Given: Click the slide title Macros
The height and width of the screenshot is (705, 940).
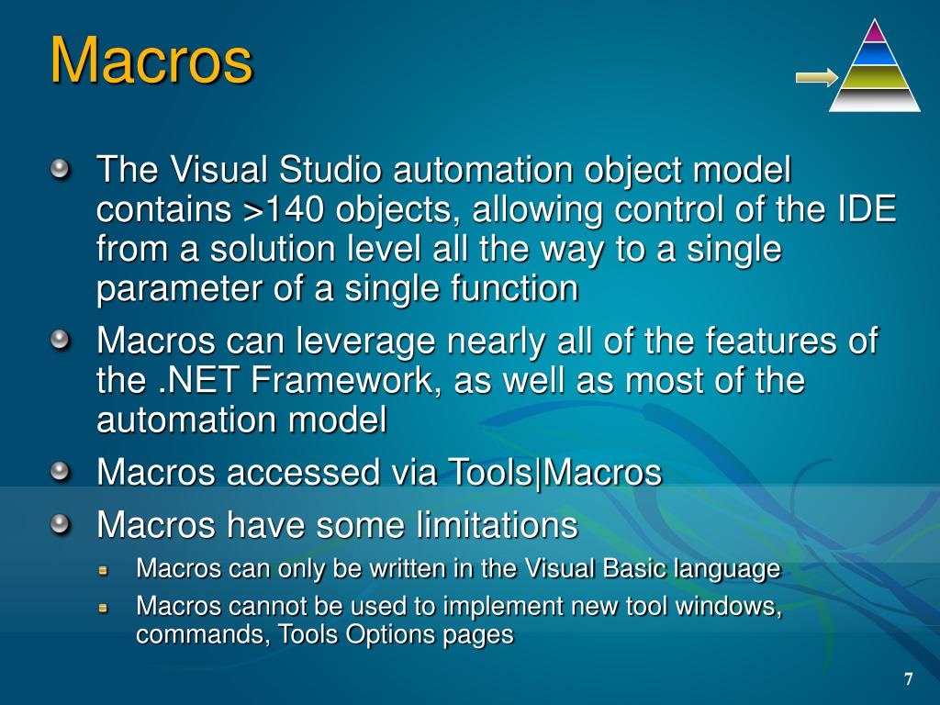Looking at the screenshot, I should coord(151,61).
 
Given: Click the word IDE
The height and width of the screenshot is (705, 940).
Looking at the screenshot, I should coord(867,210).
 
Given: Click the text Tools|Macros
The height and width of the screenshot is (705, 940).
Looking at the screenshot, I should coord(554,473).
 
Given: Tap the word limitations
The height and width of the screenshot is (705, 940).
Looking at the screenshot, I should coord(497,526).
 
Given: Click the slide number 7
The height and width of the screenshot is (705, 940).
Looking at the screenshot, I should coord(908,679).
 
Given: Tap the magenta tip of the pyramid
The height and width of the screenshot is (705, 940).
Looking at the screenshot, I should coord(875,33).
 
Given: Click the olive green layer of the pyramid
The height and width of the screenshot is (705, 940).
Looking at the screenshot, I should coord(875,77).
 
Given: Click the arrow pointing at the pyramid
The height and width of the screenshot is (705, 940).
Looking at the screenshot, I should coord(816,77).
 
